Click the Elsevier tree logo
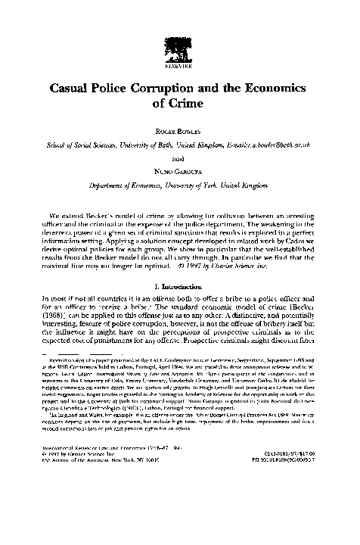(x=179, y=29)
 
